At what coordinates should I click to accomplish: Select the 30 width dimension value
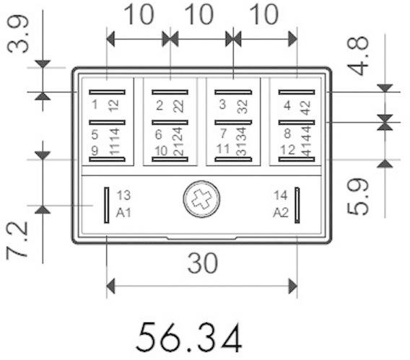point(201,264)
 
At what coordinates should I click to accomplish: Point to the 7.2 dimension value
point(19,241)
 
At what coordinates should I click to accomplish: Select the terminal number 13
point(123,196)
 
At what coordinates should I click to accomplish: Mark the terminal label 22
point(178,105)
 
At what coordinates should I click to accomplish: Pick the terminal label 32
point(241,105)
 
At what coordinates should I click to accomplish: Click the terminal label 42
point(305,105)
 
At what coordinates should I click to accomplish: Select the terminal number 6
point(159,133)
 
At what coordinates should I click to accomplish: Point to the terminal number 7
point(222,133)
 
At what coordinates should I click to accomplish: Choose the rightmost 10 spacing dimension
point(265,15)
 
